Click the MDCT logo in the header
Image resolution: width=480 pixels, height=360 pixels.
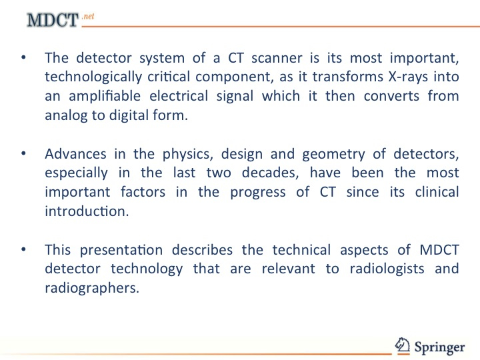click(53, 20)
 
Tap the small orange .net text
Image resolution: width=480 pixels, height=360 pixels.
click(88, 16)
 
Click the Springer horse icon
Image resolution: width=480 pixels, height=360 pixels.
click(402, 345)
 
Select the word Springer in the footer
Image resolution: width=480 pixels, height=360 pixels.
click(439, 347)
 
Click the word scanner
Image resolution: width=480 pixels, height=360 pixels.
click(277, 58)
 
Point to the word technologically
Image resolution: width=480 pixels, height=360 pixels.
click(93, 78)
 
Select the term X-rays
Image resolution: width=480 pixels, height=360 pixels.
click(408, 77)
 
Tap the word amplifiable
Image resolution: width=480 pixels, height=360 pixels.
click(105, 97)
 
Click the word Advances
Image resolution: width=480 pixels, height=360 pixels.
click(75, 154)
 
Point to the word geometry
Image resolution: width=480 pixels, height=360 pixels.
click(334, 155)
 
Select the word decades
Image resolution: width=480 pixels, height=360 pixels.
click(270, 173)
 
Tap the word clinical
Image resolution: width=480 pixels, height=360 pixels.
click(437, 192)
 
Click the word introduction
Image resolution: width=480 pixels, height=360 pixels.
click(87, 211)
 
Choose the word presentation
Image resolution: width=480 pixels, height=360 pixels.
click(121, 251)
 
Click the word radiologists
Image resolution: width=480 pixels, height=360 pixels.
click(387, 269)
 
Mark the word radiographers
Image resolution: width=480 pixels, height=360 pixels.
click(92, 289)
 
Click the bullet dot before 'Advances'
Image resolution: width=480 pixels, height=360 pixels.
click(23, 153)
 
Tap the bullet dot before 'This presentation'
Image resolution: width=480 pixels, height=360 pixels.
click(23, 249)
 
